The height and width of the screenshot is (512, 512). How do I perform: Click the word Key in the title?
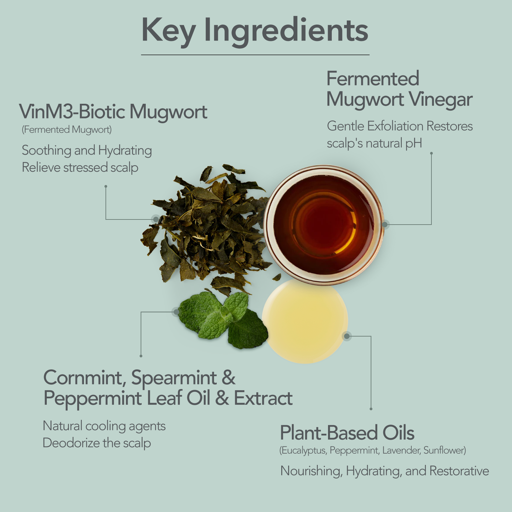tap(168, 31)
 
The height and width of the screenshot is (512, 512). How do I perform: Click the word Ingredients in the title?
tap(286, 31)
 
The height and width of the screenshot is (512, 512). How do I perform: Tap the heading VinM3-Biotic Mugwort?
tap(113, 112)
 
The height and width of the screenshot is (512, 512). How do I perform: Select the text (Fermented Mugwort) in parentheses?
tap(67, 130)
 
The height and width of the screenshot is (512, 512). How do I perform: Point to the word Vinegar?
tap(441, 100)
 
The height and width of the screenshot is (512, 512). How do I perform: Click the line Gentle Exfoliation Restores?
tap(400, 126)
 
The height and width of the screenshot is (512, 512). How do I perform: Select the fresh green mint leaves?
tap(223, 320)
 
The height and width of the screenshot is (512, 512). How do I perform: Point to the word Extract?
tap(263, 398)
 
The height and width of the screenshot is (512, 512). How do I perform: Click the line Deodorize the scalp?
tap(97, 443)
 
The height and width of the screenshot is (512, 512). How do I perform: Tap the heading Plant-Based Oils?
tap(347, 433)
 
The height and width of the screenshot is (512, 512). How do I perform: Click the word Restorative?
tap(459, 471)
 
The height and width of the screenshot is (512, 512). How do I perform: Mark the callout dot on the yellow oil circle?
tap(347, 336)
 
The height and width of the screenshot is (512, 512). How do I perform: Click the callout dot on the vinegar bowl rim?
tap(385, 224)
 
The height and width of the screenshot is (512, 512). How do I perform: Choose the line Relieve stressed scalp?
tap(80, 168)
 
